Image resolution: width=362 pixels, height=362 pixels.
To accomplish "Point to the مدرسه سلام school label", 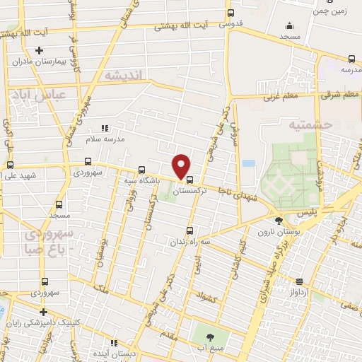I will click(x=105, y=139).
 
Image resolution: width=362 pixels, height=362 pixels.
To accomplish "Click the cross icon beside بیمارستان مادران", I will click(x=40, y=50).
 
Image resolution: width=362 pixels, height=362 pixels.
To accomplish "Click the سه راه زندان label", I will click(x=187, y=242).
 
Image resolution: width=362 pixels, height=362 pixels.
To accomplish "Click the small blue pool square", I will click(x=248, y=163).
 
